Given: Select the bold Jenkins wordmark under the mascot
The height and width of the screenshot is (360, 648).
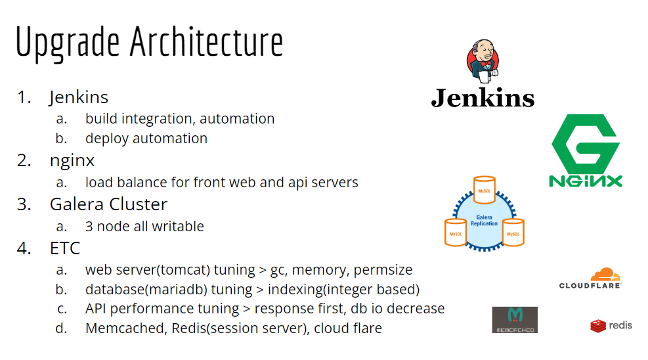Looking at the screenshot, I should (483, 99).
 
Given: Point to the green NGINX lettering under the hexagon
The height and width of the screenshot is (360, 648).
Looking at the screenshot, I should (586, 181).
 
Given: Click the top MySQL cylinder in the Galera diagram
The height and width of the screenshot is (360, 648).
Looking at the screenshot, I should (484, 190).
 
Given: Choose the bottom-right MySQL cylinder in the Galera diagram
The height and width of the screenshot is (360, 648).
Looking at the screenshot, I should (513, 232).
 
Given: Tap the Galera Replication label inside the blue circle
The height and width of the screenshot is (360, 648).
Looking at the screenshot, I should (485, 219).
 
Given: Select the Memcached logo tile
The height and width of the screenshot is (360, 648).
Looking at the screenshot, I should (515, 320).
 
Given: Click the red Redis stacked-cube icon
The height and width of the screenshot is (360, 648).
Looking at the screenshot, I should (597, 325).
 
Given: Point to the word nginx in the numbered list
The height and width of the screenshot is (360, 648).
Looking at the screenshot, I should (72, 160).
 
